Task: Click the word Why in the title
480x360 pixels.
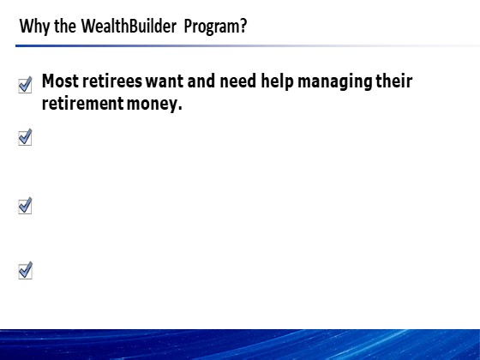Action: click(34, 27)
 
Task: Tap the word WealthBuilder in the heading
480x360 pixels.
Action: click(129, 26)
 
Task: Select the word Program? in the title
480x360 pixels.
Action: click(215, 27)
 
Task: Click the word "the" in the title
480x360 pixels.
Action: click(65, 26)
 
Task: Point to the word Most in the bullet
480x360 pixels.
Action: click(60, 81)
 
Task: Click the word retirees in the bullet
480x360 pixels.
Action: click(112, 81)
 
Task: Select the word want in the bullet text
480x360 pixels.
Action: click(165, 81)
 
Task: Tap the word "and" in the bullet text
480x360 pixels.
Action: click(201, 81)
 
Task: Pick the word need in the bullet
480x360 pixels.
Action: click(238, 81)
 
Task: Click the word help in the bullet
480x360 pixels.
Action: click(277, 81)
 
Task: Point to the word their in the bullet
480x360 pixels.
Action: click(394, 81)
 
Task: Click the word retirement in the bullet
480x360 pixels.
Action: click(82, 104)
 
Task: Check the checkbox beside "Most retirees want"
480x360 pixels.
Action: click(25, 85)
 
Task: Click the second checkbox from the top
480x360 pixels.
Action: click(25, 137)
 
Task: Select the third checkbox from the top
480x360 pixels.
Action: click(25, 206)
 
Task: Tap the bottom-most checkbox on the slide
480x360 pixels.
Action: click(26, 270)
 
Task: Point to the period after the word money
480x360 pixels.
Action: click(180, 109)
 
